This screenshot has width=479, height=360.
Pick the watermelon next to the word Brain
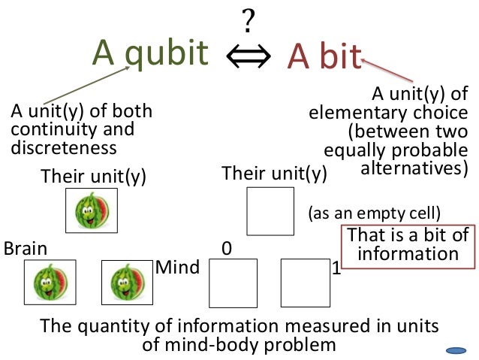click(x=50, y=282)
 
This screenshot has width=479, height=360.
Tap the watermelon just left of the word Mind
click(x=125, y=282)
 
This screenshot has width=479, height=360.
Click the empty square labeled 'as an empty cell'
click(x=270, y=211)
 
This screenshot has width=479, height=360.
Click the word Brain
click(x=26, y=249)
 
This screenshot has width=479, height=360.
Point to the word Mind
click(x=177, y=268)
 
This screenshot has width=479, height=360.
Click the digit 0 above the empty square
click(x=226, y=248)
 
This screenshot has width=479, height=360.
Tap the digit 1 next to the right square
click(x=336, y=268)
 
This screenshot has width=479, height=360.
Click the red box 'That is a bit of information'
click(x=408, y=245)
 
